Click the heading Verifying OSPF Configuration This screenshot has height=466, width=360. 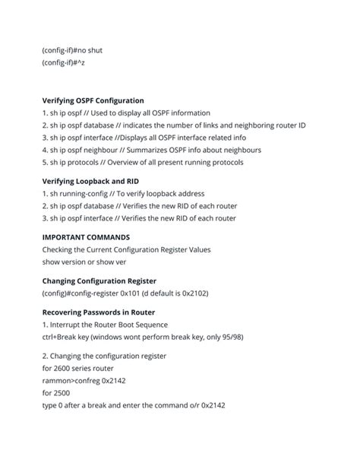pyautogui.click(x=93, y=100)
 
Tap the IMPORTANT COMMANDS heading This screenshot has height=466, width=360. pyautogui.click(x=86, y=237)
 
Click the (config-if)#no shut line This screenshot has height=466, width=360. pyautogui.click(x=72, y=50)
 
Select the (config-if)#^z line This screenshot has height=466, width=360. pyautogui.click(x=63, y=63)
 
